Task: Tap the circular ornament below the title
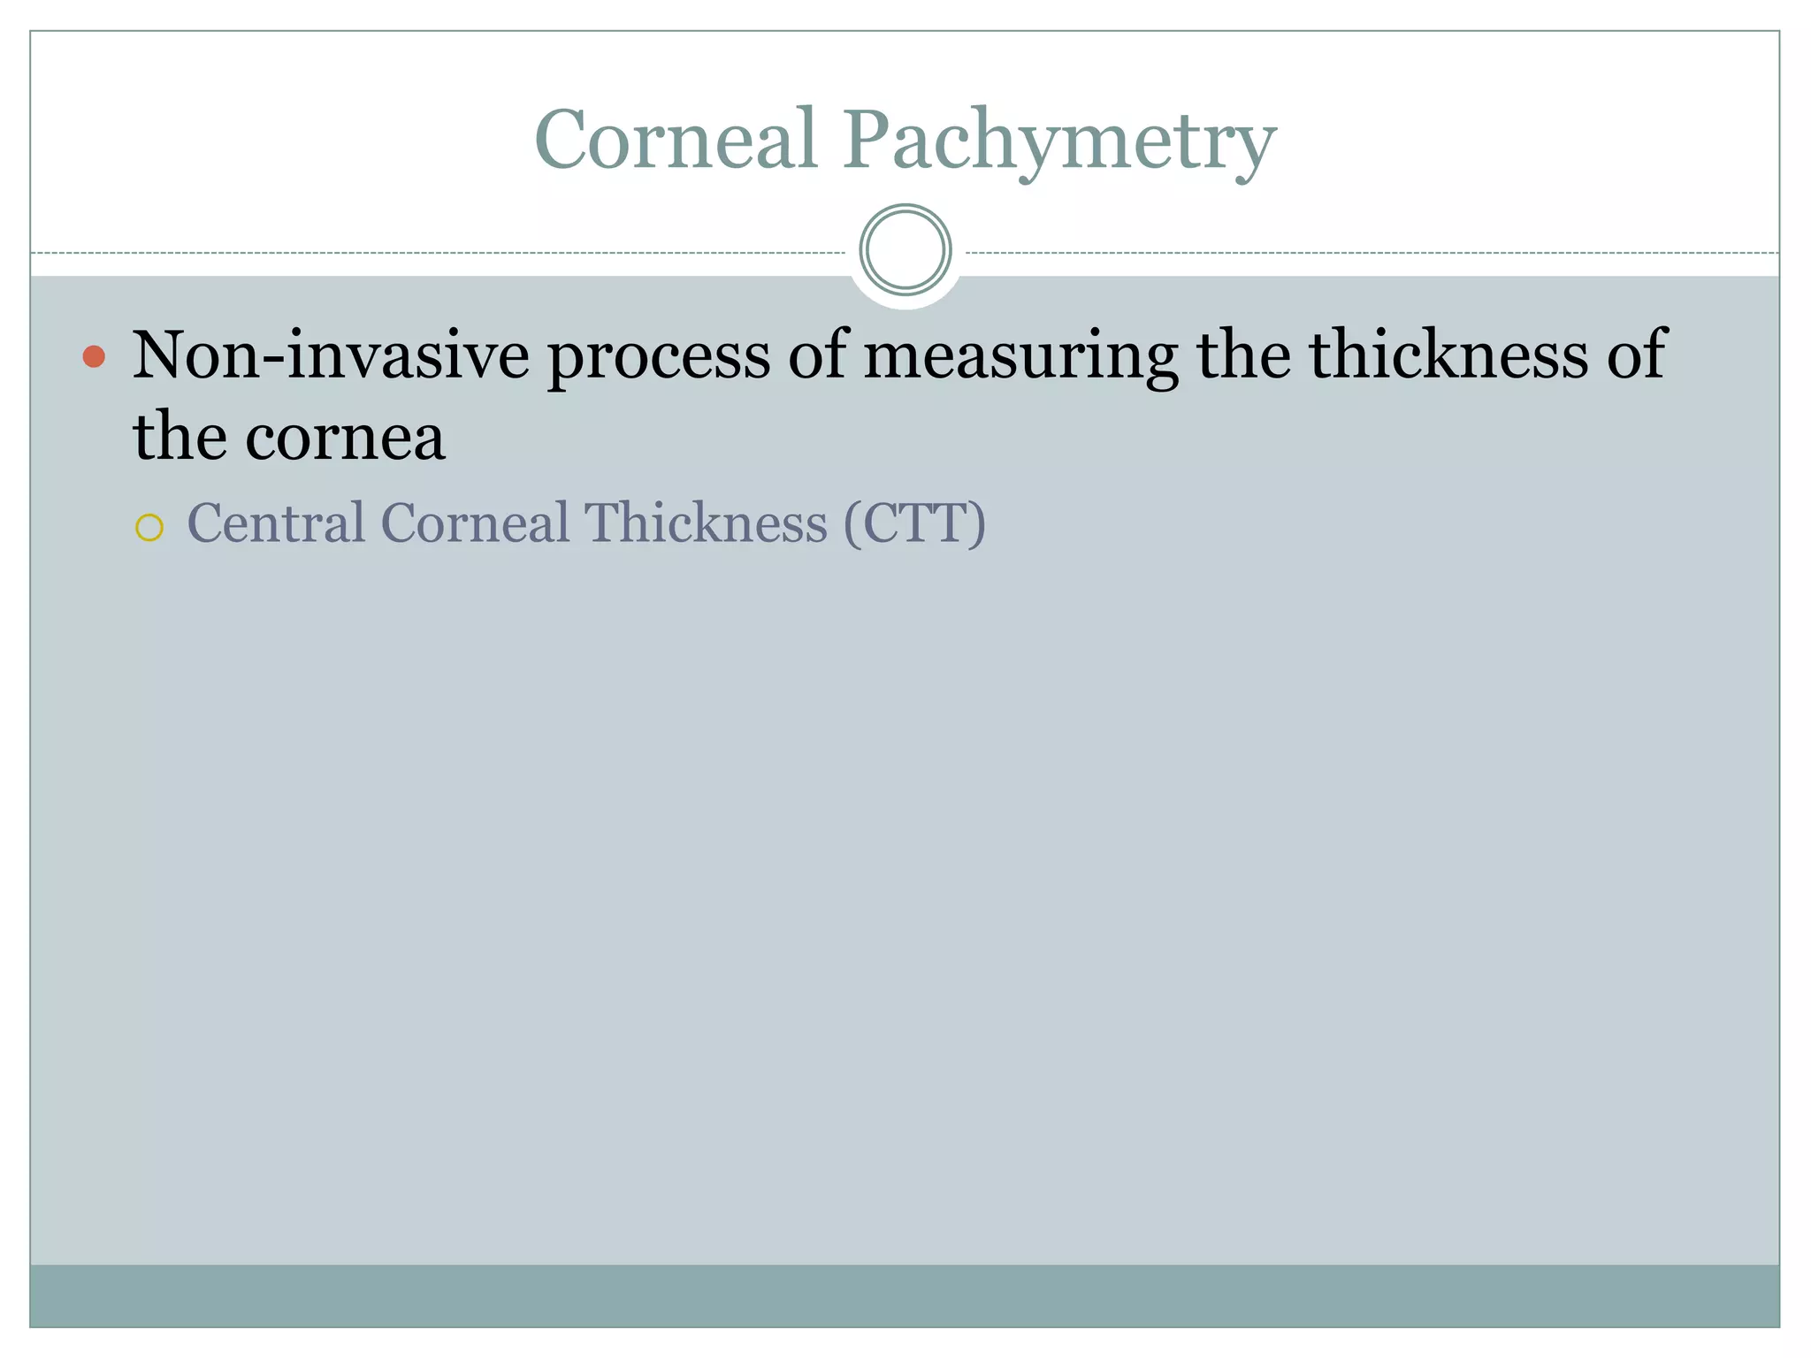(x=905, y=250)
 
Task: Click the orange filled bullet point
(x=94, y=356)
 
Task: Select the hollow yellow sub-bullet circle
(x=149, y=528)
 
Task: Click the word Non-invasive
(x=331, y=355)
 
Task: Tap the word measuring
(x=1020, y=357)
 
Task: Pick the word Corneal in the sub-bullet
(x=475, y=523)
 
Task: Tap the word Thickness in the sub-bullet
(x=706, y=523)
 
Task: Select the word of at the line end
(x=1637, y=355)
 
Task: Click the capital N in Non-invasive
(x=157, y=355)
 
